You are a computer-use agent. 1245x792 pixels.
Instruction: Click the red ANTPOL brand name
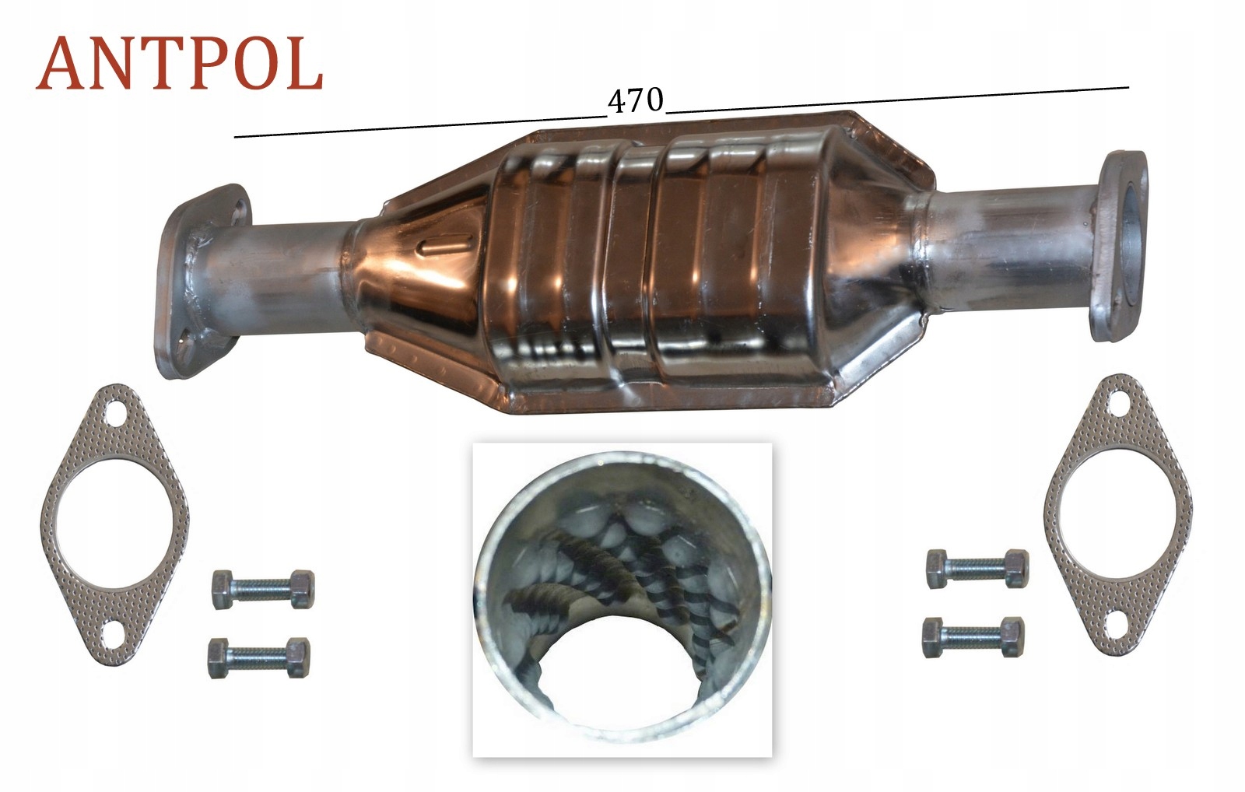click(x=179, y=63)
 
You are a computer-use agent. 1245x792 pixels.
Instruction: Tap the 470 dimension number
click(x=636, y=101)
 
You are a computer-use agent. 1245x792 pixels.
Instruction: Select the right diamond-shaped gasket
click(x=1118, y=514)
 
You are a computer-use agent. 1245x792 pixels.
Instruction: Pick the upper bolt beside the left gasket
click(x=264, y=589)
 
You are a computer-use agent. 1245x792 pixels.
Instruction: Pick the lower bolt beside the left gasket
click(x=259, y=658)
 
